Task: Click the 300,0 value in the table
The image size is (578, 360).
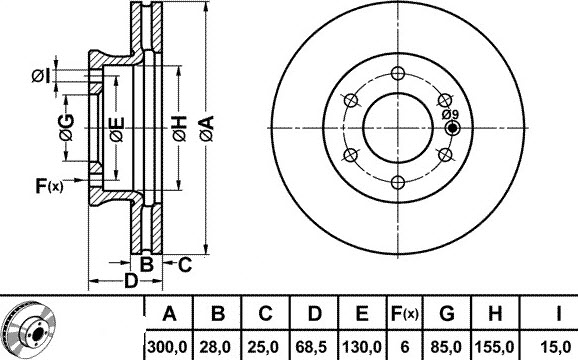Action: [x=168, y=347]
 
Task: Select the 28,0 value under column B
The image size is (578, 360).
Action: [x=216, y=347]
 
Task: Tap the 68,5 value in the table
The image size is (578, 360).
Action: [x=313, y=347]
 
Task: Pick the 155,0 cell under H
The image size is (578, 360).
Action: [x=495, y=347]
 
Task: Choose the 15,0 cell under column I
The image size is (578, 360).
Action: [x=556, y=347]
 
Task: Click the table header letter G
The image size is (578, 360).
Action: [x=447, y=314]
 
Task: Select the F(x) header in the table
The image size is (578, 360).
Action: [x=404, y=314]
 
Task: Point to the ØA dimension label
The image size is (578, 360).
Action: [x=207, y=128]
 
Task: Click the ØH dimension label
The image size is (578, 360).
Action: [x=180, y=128]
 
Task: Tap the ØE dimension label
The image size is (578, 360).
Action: [x=117, y=130]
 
